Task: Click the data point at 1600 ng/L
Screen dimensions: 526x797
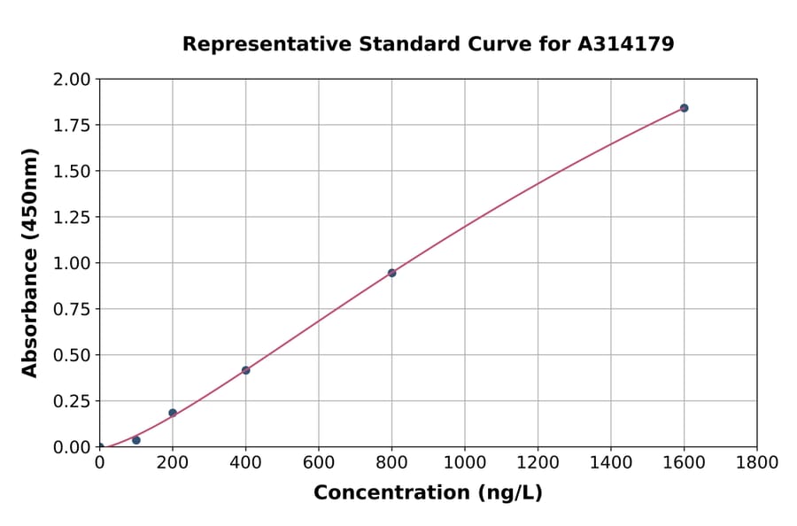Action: point(684,108)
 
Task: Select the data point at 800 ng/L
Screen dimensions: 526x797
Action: point(391,273)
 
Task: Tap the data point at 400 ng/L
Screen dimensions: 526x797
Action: point(245,370)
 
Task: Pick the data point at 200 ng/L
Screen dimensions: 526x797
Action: point(173,413)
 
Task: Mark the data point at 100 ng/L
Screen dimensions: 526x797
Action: point(136,440)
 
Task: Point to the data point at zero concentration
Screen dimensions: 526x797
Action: point(100,447)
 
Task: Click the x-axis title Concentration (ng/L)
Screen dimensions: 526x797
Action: point(428,493)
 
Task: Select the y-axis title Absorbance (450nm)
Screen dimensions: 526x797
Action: point(30,263)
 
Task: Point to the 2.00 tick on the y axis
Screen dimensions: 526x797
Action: point(72,80)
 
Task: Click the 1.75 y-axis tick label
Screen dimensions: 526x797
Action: point(72,126)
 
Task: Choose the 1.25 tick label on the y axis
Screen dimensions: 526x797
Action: point(72,218)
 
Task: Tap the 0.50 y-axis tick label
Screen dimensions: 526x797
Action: point(72,355)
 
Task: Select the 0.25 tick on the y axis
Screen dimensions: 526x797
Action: point(72,401)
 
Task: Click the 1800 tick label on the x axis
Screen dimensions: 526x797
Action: point(756,463)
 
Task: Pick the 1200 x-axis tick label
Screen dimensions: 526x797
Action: point(538,463)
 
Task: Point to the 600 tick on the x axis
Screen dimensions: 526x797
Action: point(319,463)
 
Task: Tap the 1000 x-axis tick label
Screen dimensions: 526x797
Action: point(464,463)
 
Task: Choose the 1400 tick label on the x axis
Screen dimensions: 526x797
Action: point(610,463)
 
